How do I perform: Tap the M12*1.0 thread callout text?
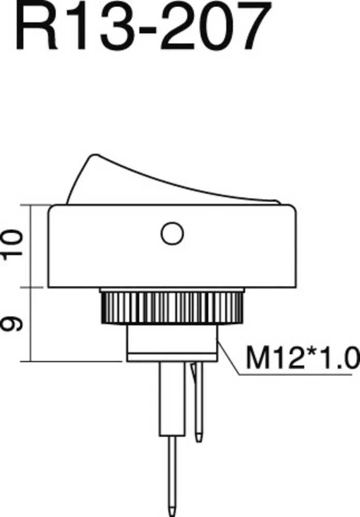click(x=302, y=357)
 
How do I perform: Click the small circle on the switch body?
click(x=172, y=234)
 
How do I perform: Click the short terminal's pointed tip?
click(x=198, y=438)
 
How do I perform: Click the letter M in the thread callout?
click(x=257, y=357)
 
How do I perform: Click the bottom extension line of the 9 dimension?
click(x=72, y=361)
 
